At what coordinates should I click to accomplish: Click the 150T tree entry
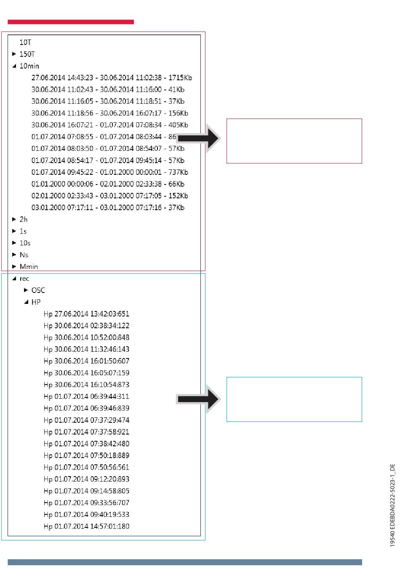pyautogui.click(x=27, y=54)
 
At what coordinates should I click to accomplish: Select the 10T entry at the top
pyautogui.click(x=25, y=42)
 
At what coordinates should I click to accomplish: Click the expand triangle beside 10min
pyautogui.click(x=14, y=66)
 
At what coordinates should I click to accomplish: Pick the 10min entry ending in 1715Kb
pyautogui.click(x=112, y=78)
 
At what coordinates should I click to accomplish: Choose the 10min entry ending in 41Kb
pyautogui.click(x=108, y=90)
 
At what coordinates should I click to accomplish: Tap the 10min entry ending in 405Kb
pyautogui.click(x=109, y=125)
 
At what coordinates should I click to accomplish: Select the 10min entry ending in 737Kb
pyautogui.click(x=109, y=172)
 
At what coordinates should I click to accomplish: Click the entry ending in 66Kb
pyautogui.click(x=108, y=184)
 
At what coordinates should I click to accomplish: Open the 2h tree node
pyautogui.click(x=24, y=219)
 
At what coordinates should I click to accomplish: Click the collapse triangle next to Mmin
pyautogui.click(x=14, y=267)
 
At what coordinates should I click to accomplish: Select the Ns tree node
pyautogui.click(x=24, y=255)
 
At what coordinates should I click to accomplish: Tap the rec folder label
pyautogui.click(x=24, y=279)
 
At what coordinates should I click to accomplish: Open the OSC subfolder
pyautogui.click(x=38, y=290)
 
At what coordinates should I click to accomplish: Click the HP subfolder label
pyautogui.click(x=36, y=302)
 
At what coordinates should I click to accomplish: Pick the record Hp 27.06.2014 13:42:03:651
pyautogui.click(x=86, y=314)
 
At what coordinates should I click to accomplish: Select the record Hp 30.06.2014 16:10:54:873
pyautogui.click(x=86, y=385)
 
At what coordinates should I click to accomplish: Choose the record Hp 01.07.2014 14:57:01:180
pyautogui.click(x=86, y=527)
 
